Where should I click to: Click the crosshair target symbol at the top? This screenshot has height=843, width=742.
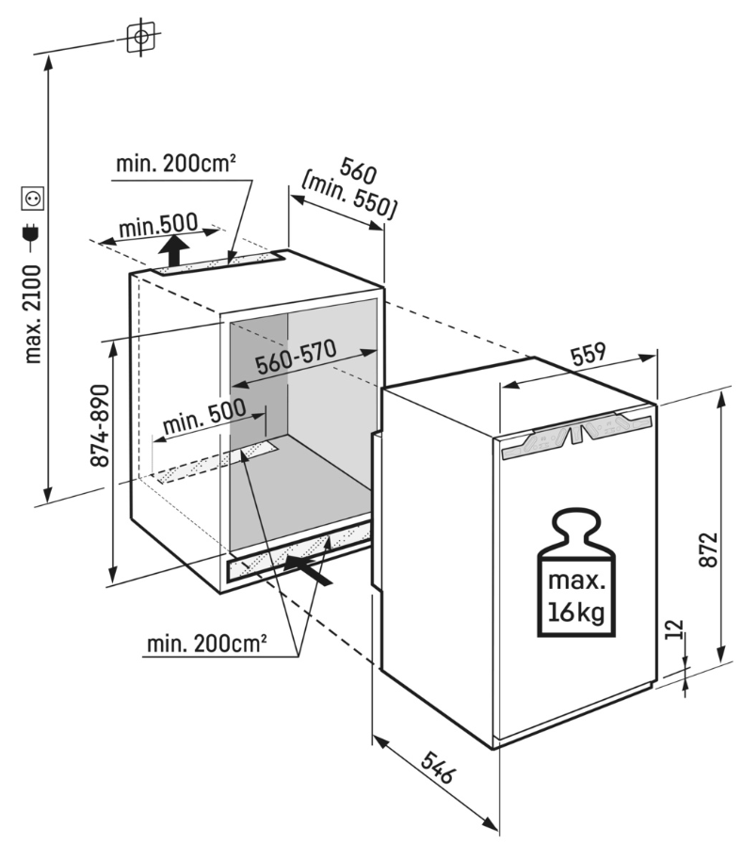point(140,38)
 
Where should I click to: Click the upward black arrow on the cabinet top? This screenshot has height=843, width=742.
point(171,252)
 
